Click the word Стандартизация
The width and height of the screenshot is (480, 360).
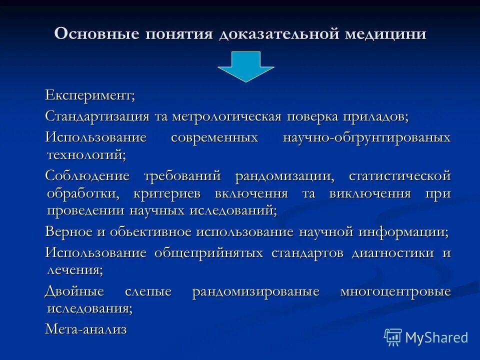(97, 116)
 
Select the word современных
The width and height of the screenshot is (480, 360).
(214, 137)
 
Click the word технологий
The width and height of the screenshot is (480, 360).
(86, 154)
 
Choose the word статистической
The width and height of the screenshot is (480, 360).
(399, 176)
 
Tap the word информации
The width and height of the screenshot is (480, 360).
(404, 232)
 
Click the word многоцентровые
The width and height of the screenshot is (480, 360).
(395, 291)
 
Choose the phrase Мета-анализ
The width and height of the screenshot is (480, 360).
(85, 329)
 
